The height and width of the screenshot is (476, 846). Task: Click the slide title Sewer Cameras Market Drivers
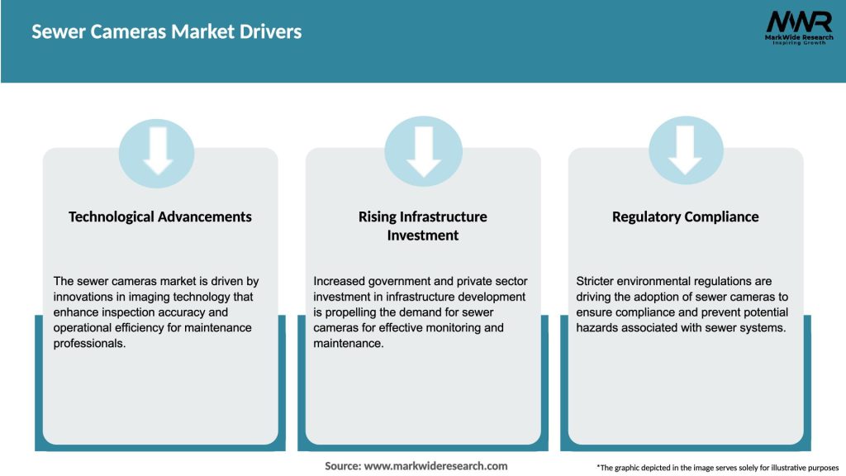point(166,32)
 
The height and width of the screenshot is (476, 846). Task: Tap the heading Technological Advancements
point(160,217)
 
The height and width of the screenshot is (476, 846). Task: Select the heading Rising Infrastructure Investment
point(422,226)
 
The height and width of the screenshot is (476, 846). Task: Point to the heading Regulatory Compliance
point(685,217)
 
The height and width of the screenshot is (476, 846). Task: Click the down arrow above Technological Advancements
point(157,150)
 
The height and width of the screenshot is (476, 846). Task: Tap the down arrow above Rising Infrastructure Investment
point(423,150)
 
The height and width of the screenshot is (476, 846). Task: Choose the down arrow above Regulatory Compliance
point(685,150)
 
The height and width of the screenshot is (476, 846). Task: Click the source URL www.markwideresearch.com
point(435,466)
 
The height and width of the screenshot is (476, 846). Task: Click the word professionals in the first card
point(90,343)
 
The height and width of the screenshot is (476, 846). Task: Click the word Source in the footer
point(342,466)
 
